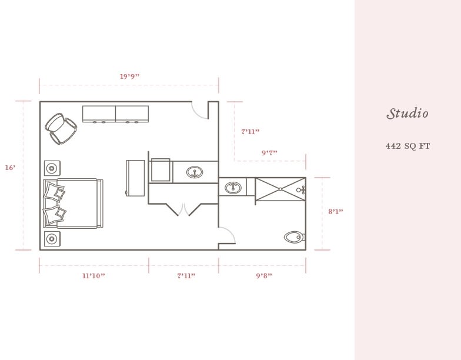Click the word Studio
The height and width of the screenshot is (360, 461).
pos(407,114)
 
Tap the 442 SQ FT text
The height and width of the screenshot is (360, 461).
pos(407,146)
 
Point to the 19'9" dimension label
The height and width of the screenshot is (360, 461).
pos(129,76)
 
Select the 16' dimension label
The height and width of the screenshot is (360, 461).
pos(10,168)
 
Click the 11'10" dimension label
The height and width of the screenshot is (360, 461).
pos(93,276)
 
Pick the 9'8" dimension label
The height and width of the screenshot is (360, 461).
pos(264,276)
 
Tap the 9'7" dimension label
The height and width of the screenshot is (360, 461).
pos(269,153)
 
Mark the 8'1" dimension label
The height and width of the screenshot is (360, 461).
pos(335,212)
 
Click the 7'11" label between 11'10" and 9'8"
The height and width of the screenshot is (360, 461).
pos(186,276)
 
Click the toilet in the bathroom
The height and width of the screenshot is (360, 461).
pos(294,237)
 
